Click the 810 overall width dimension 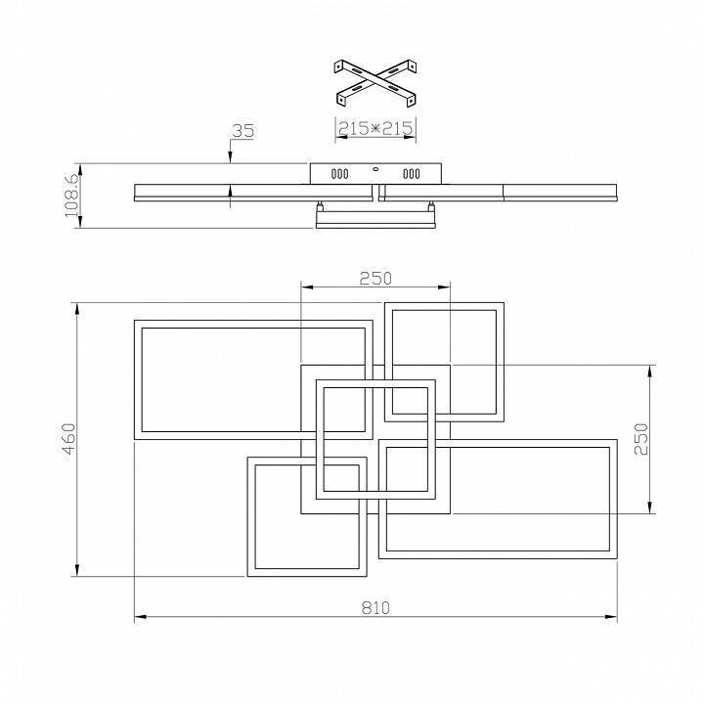click(375, 607)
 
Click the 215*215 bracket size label click(375, 128)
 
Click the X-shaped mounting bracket click(375, 84)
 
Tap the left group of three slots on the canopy click(339, 175)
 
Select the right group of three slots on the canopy click(411, 175)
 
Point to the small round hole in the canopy click(375, 168)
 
